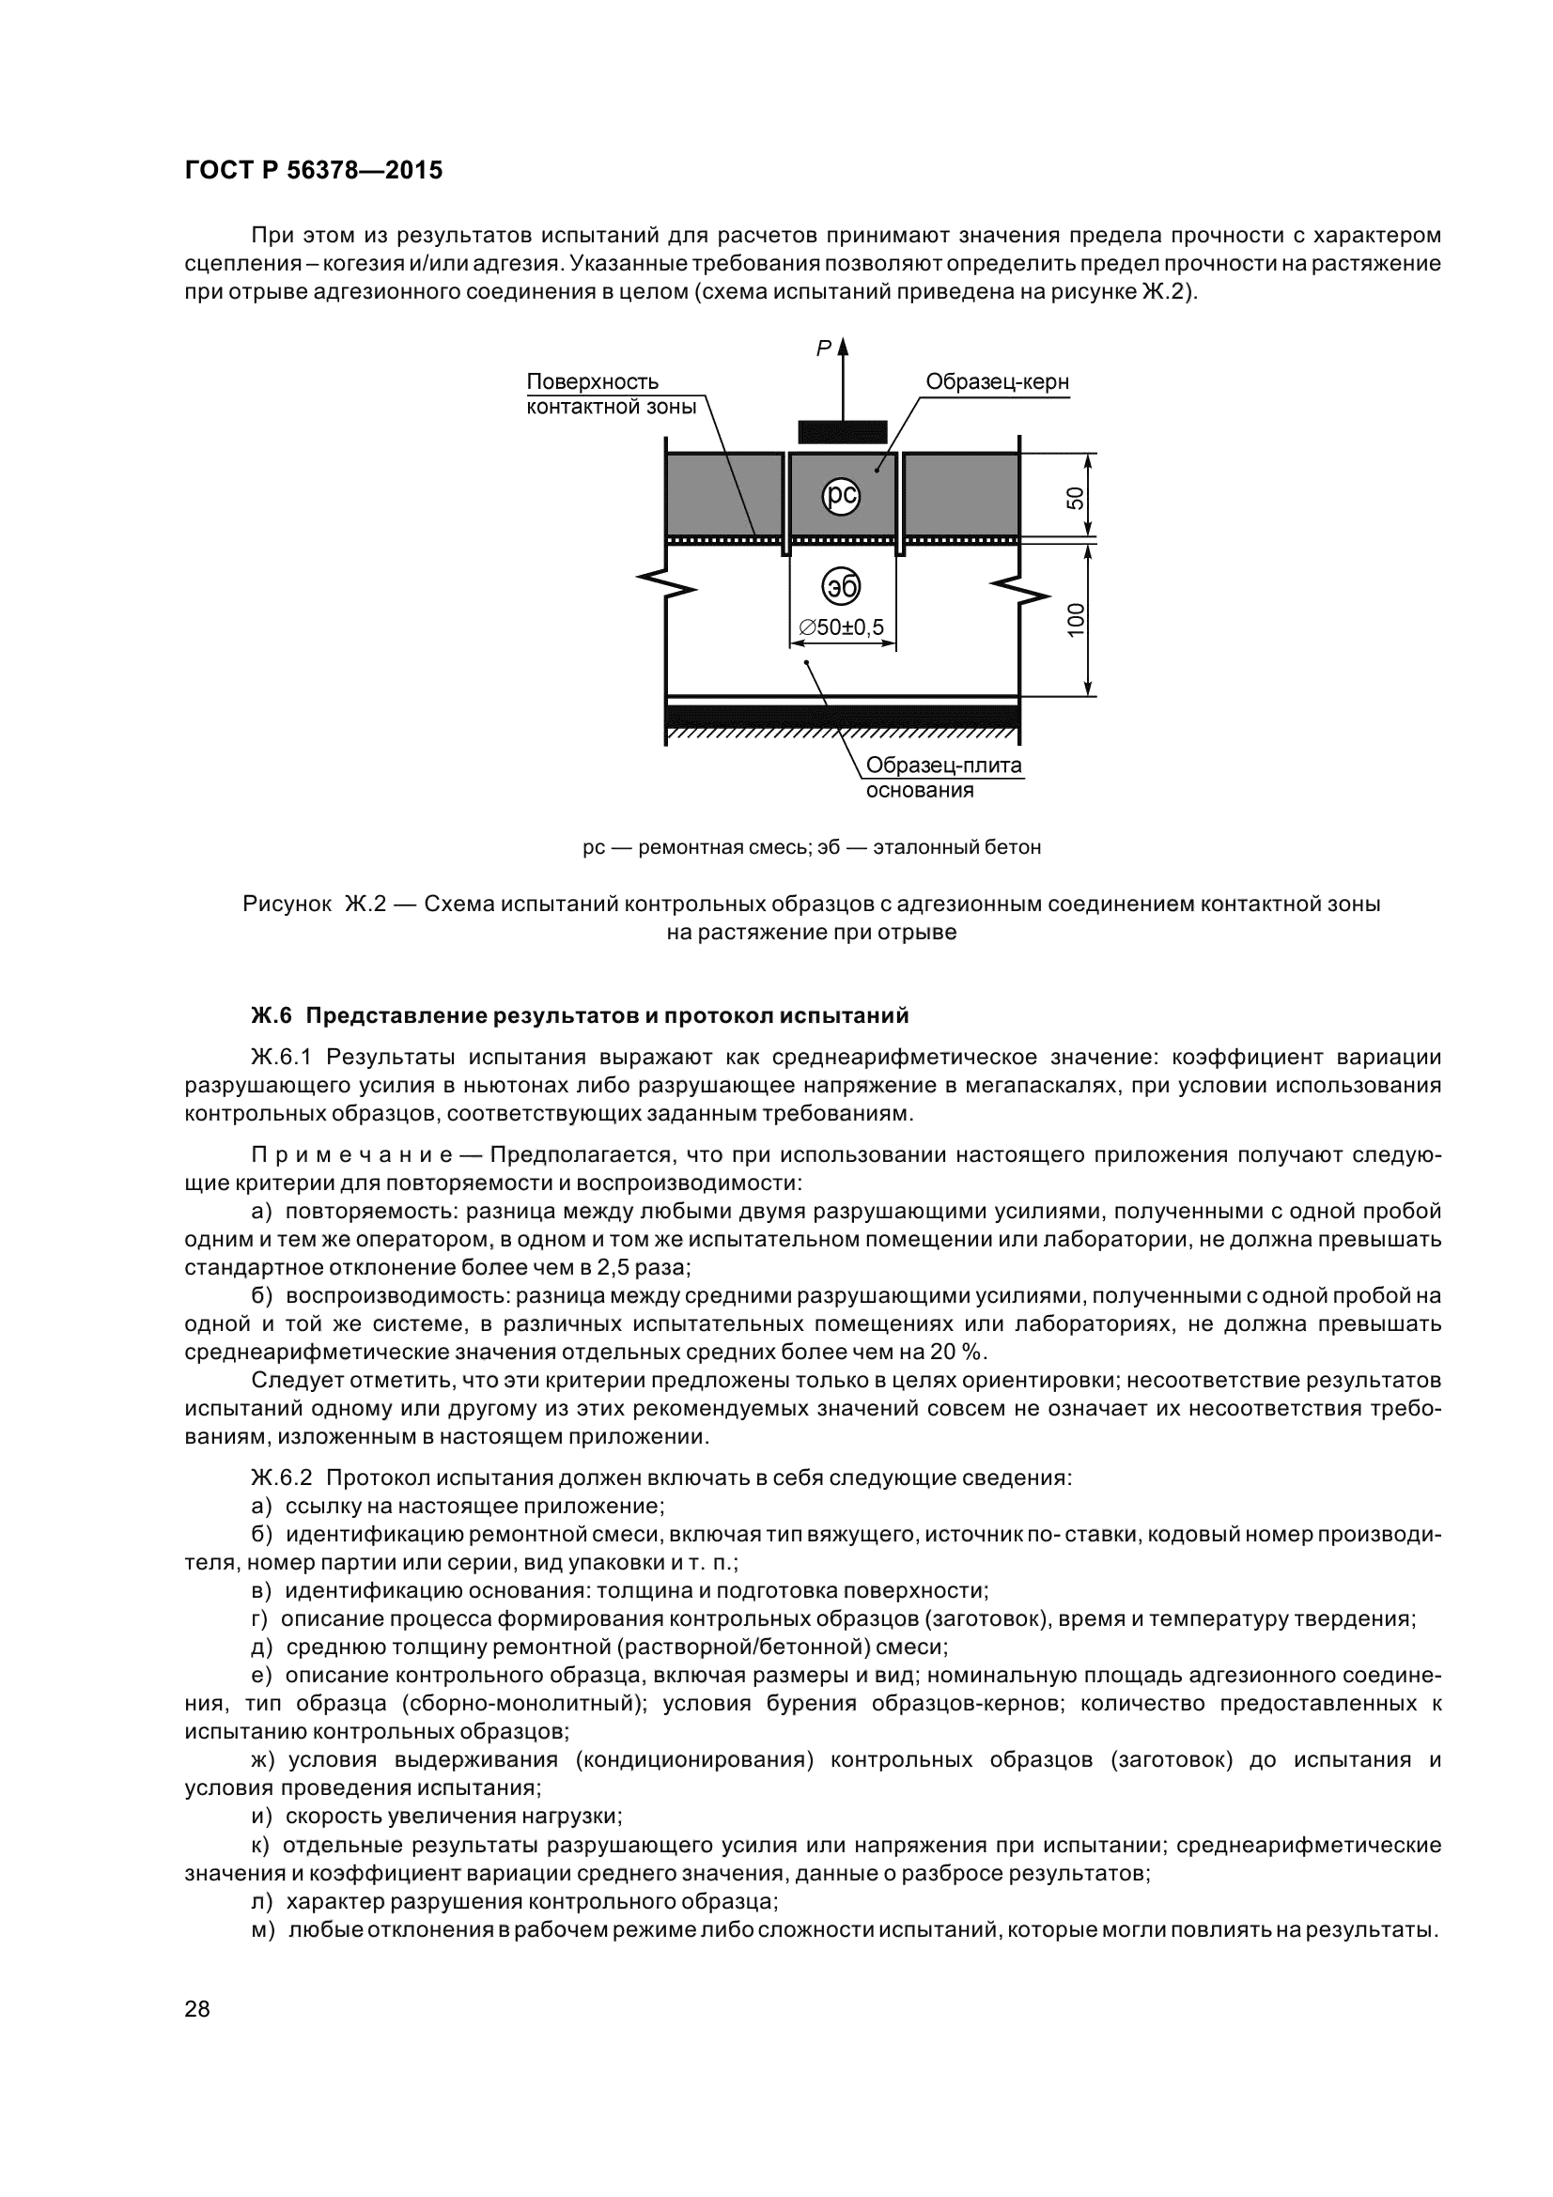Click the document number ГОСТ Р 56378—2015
pyautogui.click(x=313, y=171)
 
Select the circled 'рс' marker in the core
pyautogui.click(x=841, y=495)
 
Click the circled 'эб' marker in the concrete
pyautogui.click(x=841, y=587)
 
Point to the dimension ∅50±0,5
pyautogui.click(x=841, y=627)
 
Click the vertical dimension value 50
pyautogui.click(x=1076, y=498)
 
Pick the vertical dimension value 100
pyautogui.click(x=1076, y=620)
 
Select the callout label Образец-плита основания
pyautogui.click(x=942, y=778)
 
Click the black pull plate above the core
pyautogui.click(x=842, y=432)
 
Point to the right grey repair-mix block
pyautogui.click(x=960, y=495)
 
